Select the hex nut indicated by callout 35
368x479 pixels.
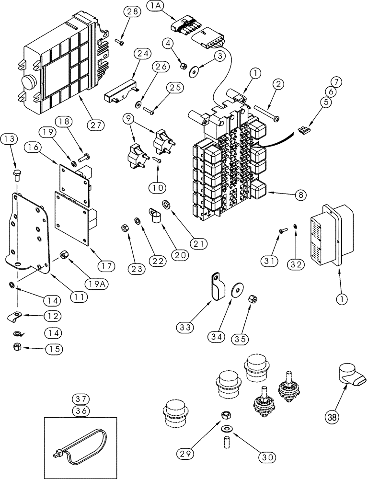(x=253, y=299)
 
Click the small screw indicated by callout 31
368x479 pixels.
(x=282, y=232)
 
